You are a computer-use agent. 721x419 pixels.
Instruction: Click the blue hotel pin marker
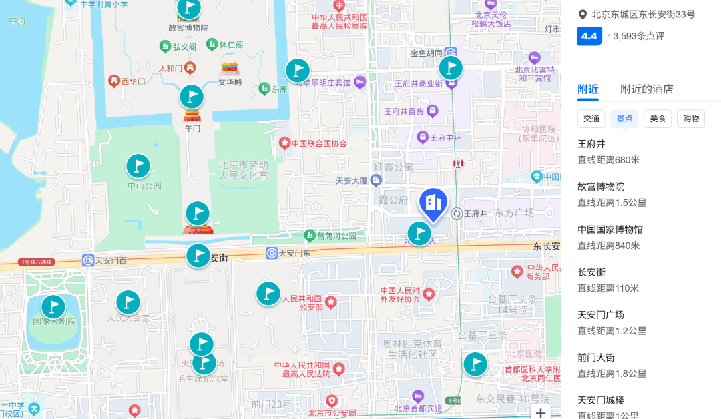click(x=433, y=203)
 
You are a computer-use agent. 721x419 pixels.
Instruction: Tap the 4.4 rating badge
click(x=589, y=36)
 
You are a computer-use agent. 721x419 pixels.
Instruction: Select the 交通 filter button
click(x=591, y=119)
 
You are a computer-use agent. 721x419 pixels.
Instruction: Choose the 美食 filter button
click(x=658, y=119)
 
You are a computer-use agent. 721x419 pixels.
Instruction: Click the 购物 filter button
click(x=691, y=119)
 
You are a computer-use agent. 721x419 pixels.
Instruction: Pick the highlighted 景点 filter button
click(x=625, y=119)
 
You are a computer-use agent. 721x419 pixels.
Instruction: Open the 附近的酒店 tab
click(x=646, y=89)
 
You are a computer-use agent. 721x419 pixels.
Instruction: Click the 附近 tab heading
click(x=588, y=89)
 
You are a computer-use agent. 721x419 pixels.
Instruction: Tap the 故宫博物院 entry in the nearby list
click(x=601, y=187)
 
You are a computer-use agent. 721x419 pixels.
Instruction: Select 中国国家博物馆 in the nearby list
click(x=610, y=230)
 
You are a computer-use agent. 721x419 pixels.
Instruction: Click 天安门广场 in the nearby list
click(x=601, y=315)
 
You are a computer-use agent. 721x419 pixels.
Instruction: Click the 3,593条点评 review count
click(x=638, y=36)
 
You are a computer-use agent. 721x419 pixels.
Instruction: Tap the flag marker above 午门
click(x=192, y=97)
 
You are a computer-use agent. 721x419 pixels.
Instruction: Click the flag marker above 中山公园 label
click(x=138, y=166)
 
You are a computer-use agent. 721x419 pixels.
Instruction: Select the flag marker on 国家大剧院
click(x=53, y=307)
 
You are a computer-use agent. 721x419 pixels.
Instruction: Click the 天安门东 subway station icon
click(x=271, y=253)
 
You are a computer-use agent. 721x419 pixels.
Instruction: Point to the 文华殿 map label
click(x=230, y=83)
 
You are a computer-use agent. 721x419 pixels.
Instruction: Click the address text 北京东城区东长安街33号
click(x=643, y=15)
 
